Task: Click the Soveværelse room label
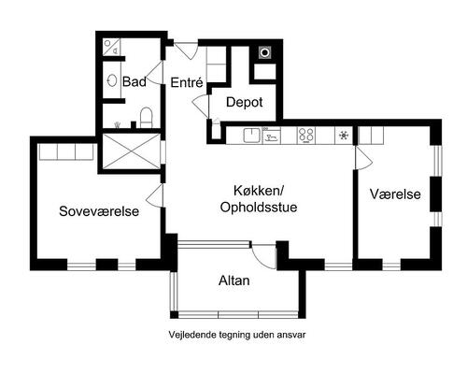(x=98, y=211)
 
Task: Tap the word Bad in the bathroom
(x=134, y=83)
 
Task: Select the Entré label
(x=187, y=83)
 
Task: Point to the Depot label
(x=244, y=102)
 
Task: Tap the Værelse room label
(x=395, y=194)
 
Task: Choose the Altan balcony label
(x=233, y=280)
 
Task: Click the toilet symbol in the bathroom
(x=145, y=117)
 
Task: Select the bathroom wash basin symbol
(x=112, y=81)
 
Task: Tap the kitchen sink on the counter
(x=251, y=136)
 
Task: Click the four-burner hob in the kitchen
(x=304, y=136)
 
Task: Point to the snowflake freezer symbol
(x=343, y=136)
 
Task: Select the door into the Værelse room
(x=364, y=159)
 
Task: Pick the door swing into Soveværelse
(x=155, y=194)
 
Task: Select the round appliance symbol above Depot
(x=264, y=52)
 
